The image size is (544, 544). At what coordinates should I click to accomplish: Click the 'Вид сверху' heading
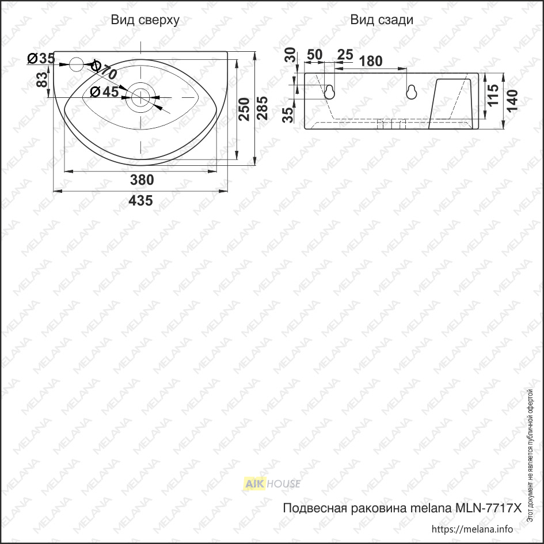[145, 20]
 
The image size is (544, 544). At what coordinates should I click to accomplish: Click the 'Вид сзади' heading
[382, 20]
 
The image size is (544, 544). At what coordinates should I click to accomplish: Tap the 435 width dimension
[140, 200]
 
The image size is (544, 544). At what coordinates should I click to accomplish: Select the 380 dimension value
[142, 180]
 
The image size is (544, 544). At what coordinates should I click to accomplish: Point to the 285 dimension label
[263, 108]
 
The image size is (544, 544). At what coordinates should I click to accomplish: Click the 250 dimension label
[244, 109]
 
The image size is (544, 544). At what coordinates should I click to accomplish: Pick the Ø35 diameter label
[41, 59]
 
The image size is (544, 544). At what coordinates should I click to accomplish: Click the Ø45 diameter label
[104, 92]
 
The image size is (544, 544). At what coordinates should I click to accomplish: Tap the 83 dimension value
[42, 79]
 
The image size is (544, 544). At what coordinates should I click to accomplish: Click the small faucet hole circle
[77, 64]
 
